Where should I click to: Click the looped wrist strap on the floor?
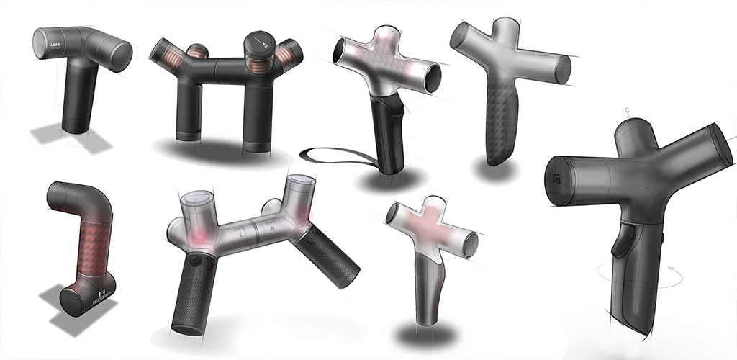(328, 153)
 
